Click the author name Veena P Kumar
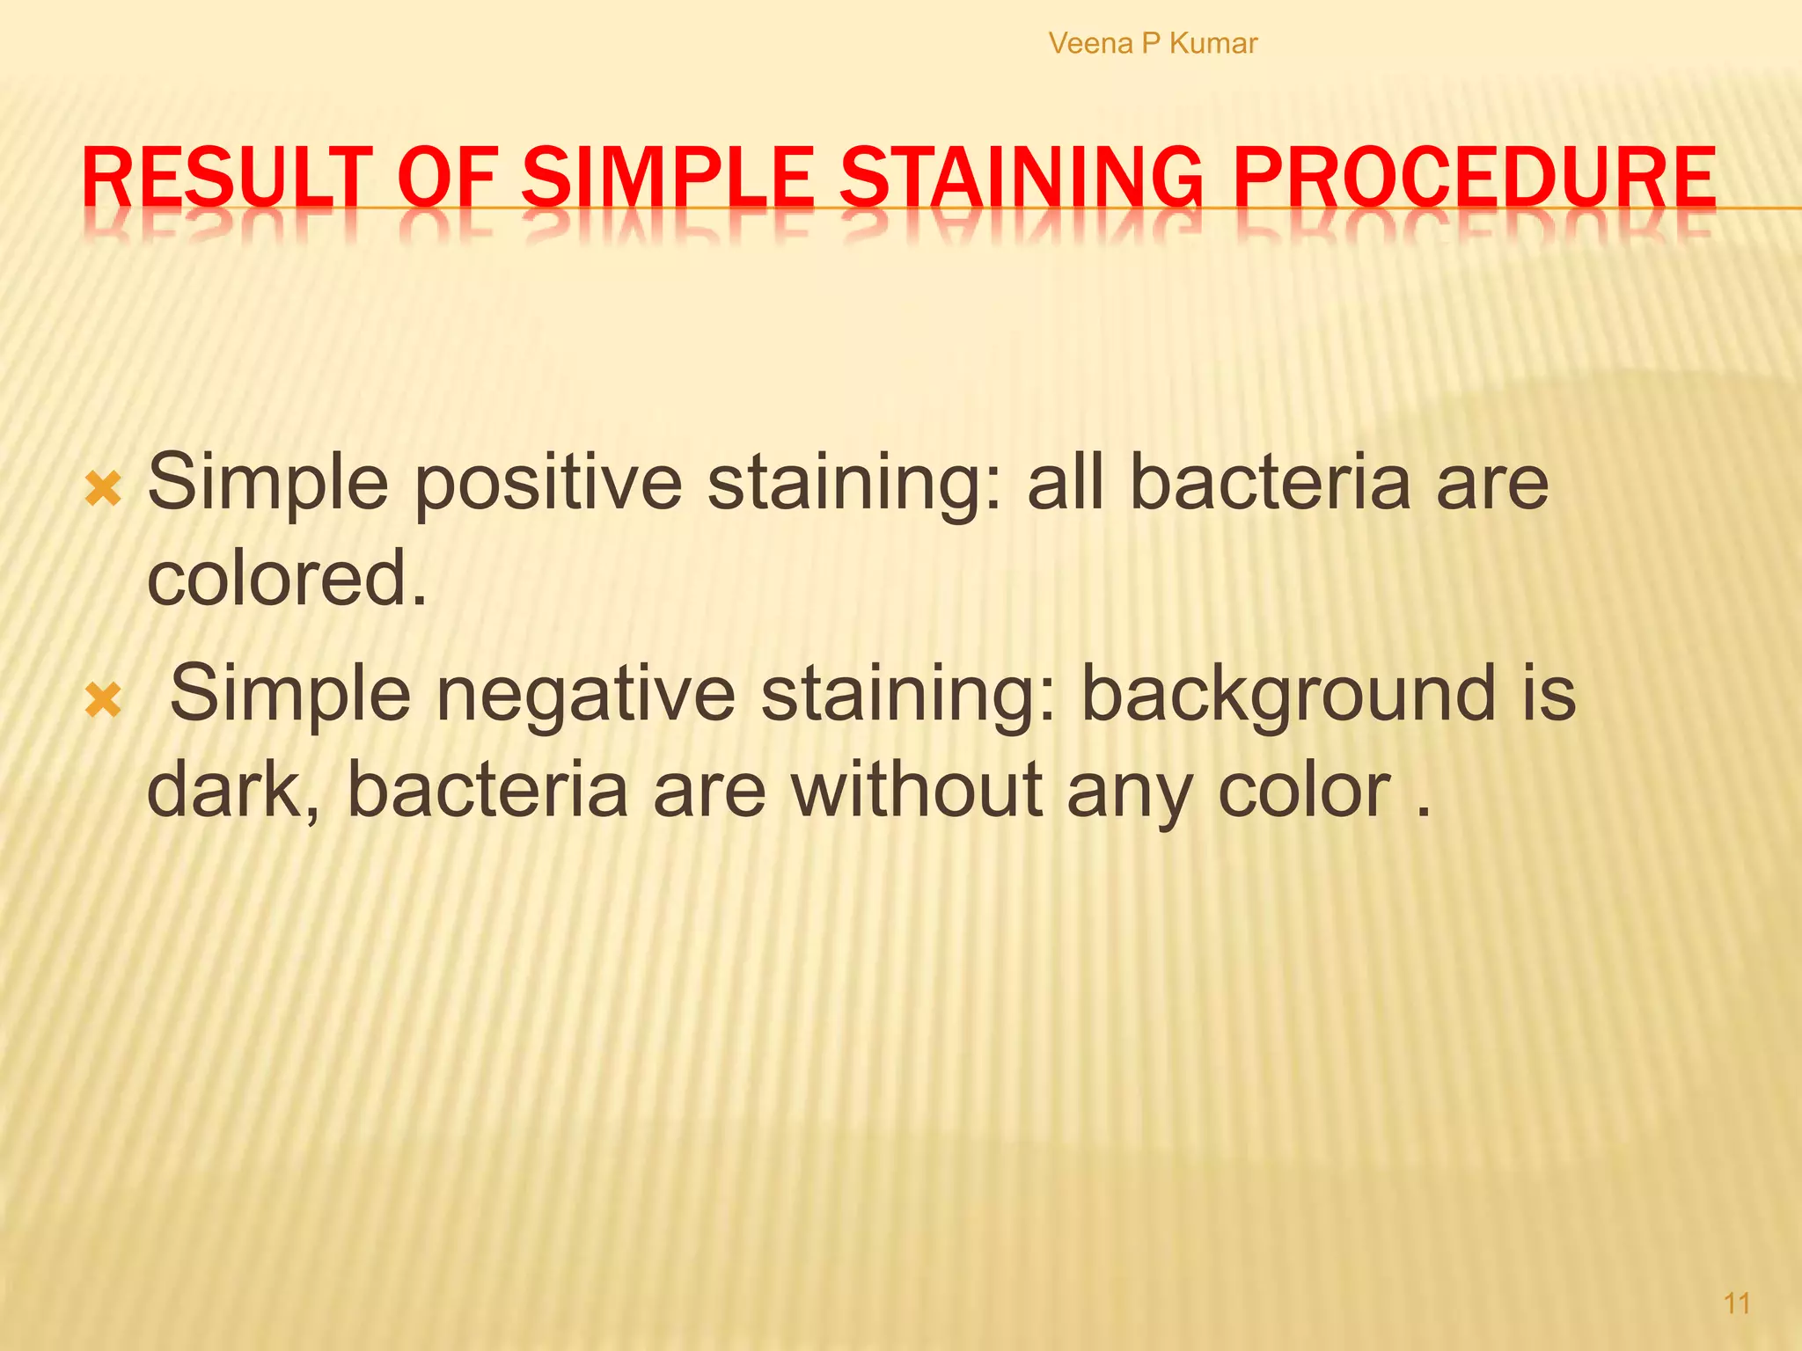click(x=1153, y=43)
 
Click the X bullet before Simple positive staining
click(x=103, y=489)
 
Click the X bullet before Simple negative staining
click(x=103, y=701)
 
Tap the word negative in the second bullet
click(x=585, y=695)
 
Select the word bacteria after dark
click(x=488, y=790)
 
